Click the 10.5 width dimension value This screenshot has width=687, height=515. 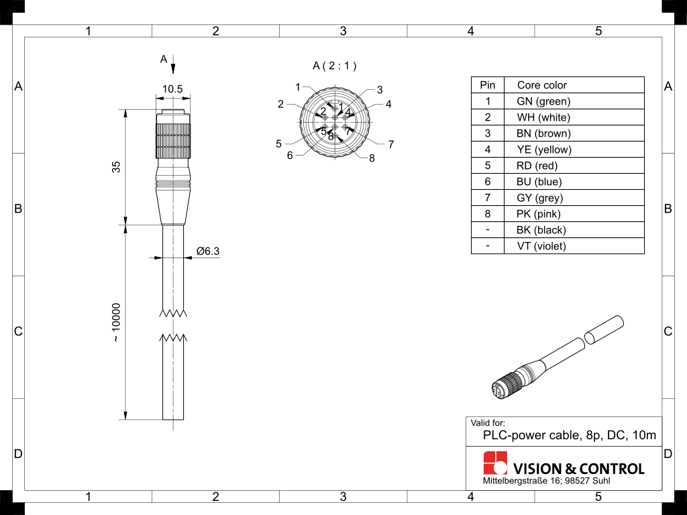pyautogui.click(x=172, y=89)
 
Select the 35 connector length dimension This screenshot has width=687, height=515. pyautogui.click(x=116, y=167)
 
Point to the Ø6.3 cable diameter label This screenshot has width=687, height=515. pyautogui.click(x=207, y=251)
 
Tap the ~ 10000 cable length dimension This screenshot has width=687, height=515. pyautogui.click(x=116, y=323)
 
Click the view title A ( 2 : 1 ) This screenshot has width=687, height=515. pyautogui.click(x=335, y=66)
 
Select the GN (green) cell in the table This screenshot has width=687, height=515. pyautogui.click(x=543, y=101)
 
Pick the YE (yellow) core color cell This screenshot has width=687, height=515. pyautogui.click(x=543, y=150)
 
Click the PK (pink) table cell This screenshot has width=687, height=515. pyautogui.click(x=538, y=214)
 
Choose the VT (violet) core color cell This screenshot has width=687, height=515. pyautogui.click(x=541, y=246)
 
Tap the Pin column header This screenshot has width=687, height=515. pyautogui.click(x=488, y=85)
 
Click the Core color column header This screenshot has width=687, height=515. pyautogui.click(x=541, y=85)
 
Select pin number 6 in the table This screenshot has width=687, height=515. pyautogui.click(x=488, y=182)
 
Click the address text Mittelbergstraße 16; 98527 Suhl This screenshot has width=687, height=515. pyautogui.click(x=546, y=481)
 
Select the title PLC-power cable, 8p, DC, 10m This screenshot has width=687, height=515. pyautogui.click(x=569, y=436)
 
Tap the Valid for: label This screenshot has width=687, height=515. pyautogui.click(x=488, y=423)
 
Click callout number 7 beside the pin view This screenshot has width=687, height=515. pyautogui.click(x=390, y=144)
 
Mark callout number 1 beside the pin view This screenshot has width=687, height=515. pyautogui.click(x=298, y=87)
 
